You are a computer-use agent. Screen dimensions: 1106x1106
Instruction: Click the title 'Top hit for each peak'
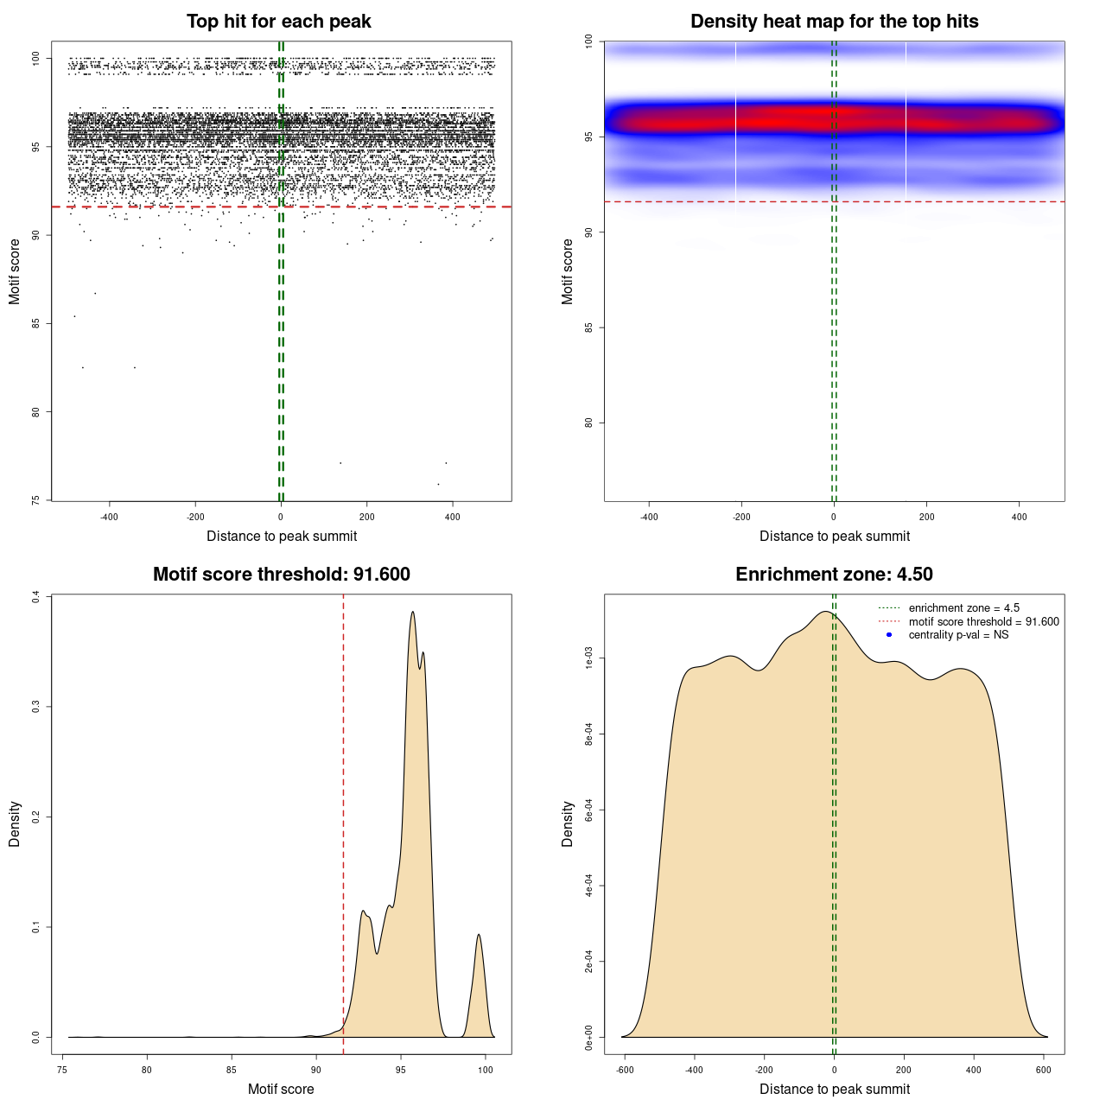coord(279,22)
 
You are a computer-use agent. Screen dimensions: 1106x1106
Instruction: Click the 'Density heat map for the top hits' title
coord(834,22)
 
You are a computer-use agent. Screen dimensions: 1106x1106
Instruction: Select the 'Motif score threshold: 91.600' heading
coord(281,575)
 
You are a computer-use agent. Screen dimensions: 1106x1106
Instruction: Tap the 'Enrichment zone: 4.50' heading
coord(834,575)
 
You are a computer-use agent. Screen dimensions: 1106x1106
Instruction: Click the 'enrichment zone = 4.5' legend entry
coord(963,608)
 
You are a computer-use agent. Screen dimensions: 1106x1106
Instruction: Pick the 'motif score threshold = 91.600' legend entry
coord(983,622)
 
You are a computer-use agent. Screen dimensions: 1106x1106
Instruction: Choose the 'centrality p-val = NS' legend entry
coord(958,635)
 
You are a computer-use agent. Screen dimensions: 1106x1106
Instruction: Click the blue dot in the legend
coord(889,635)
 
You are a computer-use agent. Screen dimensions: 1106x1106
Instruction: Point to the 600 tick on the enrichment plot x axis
coord(1044,1070)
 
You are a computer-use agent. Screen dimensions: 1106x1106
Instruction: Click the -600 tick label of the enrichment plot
coord(624,1070)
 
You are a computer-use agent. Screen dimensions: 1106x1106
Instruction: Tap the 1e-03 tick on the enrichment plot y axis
coord(589,659)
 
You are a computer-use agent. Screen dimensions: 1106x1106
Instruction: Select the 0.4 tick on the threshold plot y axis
coord(36,597)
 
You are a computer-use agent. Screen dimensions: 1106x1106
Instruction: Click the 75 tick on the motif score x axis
coord(62,1070)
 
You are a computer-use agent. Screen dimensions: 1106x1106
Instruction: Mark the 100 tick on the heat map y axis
coord(589,41)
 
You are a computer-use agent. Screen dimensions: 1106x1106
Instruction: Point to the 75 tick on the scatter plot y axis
coord(36,499)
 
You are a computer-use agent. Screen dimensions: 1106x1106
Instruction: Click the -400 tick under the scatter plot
coord(109,517)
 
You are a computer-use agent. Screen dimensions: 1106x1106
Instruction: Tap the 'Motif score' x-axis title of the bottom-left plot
coord(281,1089)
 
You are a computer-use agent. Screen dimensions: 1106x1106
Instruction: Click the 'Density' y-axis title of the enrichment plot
coord(568,823)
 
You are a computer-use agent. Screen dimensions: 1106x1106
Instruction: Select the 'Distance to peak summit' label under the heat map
coord(834,536)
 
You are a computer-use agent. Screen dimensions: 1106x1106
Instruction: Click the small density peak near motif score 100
coord(479,936)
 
